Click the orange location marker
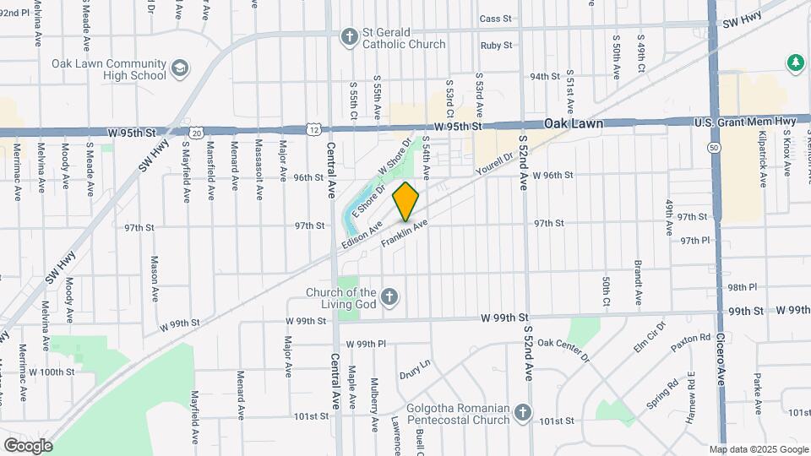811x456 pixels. [406, 201]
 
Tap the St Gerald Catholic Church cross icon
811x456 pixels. [348, 36]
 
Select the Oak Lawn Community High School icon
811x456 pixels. [179, 68]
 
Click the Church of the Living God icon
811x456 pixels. [389, 296]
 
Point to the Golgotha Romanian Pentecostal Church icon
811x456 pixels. [523, 413]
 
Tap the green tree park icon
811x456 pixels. [794, 62]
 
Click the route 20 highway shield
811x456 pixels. [196, 132]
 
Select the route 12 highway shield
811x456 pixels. [313, 130]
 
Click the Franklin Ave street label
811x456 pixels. [405, 234]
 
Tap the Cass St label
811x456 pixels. [495, 18]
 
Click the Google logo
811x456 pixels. [27, 445]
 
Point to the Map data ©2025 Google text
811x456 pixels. [758, 449]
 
